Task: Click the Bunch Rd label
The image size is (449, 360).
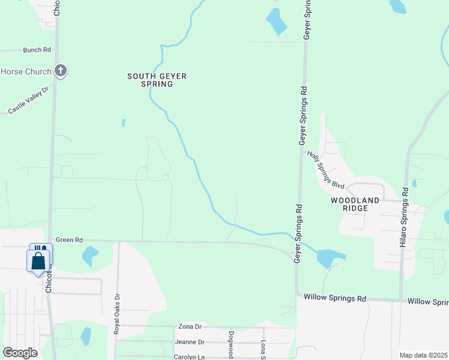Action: pos(37,50)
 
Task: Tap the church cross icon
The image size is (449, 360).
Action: pos(60,71)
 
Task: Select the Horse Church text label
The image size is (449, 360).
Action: pos(26,72)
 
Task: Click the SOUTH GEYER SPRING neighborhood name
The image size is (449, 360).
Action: pos(157,80)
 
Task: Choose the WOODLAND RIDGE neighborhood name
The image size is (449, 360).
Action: pos(354,205)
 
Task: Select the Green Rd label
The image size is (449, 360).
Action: pos(68,240)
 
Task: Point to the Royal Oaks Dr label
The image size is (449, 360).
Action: pos(118,313)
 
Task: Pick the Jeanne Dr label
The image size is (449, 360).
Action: pos(190,342)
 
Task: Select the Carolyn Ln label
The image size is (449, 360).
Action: pos(190,356)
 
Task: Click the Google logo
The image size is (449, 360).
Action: pos(20,353)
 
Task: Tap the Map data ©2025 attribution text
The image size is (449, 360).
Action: pos(423,355)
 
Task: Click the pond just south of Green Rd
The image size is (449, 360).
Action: pos(90,256)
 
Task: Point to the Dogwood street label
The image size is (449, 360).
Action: pos(231,346)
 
